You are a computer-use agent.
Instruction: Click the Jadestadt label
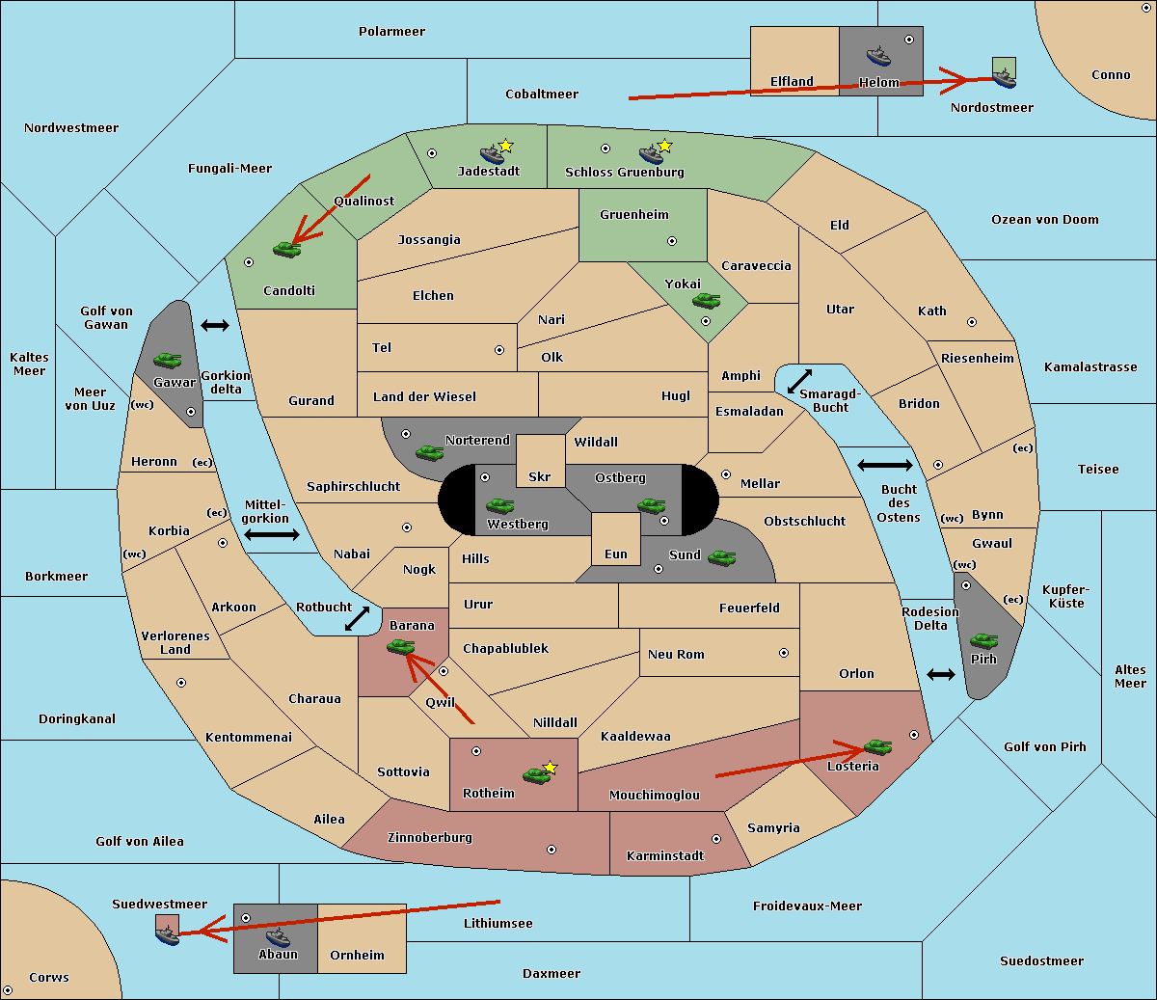coord(488,172)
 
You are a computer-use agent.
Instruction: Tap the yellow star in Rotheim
coord(551,768)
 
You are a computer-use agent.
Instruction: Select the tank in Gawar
coord(167,361)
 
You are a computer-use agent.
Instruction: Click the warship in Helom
coord(878,55)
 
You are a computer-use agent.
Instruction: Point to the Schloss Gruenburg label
coord(624,173)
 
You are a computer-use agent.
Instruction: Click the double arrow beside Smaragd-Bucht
coord(799,381)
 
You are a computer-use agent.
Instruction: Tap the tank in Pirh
coord(984,640)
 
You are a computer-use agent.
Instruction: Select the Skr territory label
coord(539,476)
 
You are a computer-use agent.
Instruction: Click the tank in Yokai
coord(706,301)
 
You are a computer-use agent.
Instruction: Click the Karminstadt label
coord(665,856)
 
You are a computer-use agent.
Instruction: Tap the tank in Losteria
coord(877,746)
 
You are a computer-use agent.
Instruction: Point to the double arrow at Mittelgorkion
coord(272,534)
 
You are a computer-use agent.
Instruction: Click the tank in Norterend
coord(429,452)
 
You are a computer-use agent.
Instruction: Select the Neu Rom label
coord(676,655)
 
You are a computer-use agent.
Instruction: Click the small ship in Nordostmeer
coord(1004,73)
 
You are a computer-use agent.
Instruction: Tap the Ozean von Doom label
coord(1044,220)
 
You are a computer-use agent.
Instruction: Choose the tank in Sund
coord(721,557)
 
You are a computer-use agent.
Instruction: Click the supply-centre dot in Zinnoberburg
coord(552,850)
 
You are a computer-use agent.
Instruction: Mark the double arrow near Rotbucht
coord(357,618)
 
